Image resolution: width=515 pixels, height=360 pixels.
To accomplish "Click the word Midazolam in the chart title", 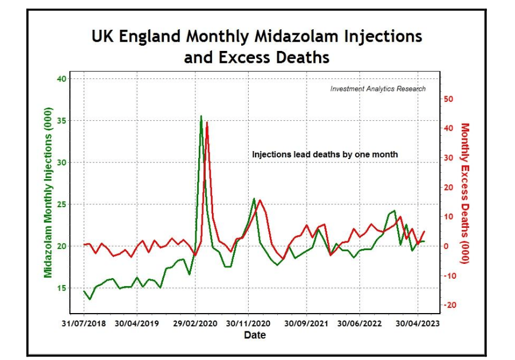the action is tap(296, 35).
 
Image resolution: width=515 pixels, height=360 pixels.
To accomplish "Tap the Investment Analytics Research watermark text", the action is tap(378, 89).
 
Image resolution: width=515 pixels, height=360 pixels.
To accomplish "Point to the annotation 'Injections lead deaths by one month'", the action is tap(325, 154).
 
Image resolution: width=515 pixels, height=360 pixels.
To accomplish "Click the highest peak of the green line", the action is tap(201, 116).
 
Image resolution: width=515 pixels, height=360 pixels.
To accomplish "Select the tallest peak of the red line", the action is tap(207, 122).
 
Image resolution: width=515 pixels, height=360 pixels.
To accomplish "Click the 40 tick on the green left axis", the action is tap(61, 79).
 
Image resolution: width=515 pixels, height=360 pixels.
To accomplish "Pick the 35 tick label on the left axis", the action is tap(61, 120).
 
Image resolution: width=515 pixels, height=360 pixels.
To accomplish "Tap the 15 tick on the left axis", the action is tap(61, 288).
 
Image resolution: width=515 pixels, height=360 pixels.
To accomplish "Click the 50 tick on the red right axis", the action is tap(449, 99).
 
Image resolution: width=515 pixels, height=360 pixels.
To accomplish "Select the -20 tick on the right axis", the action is tap(449, 305).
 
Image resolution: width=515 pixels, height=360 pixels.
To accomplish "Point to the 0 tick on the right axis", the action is tap(446, 246).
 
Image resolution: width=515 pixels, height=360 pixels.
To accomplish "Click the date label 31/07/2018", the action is tap(84, 323).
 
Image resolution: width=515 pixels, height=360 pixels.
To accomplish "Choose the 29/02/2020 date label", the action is tap(195, 323).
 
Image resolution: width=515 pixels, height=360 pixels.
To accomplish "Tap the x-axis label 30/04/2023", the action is tap(418, 323).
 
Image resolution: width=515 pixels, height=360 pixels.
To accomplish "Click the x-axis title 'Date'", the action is tap(255, 335).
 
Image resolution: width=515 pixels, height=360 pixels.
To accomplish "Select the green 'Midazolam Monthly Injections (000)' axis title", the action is tap(48, 192).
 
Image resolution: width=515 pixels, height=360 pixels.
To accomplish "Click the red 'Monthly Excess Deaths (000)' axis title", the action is tap(465, 193).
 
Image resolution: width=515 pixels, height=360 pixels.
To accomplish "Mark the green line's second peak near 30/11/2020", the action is tap(254, 199).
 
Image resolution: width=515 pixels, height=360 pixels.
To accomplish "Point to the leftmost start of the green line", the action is tap(84, 291).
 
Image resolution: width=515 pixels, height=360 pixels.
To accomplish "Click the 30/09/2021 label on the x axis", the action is tap(306, 323).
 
